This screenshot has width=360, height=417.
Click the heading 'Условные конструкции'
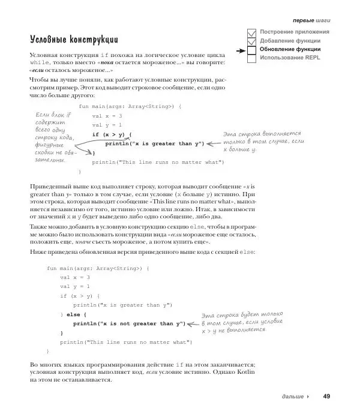coord(74,40)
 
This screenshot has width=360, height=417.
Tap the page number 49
coord(326,396)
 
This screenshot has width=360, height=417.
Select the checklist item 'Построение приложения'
coord(295,31)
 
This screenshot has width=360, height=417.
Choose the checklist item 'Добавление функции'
coord(290,40)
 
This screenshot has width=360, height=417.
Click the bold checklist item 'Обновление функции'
coord(290,49)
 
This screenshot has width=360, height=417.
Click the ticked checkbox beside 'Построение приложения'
coord(252,32)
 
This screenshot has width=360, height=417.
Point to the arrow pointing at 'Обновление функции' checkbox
coord(239,50)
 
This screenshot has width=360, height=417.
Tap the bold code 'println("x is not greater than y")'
coord(128,323)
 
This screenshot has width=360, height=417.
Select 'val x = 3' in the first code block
coord(107,116)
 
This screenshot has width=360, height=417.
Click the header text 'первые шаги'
coord(311,20)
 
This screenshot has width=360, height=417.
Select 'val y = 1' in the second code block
coord(75,287)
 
